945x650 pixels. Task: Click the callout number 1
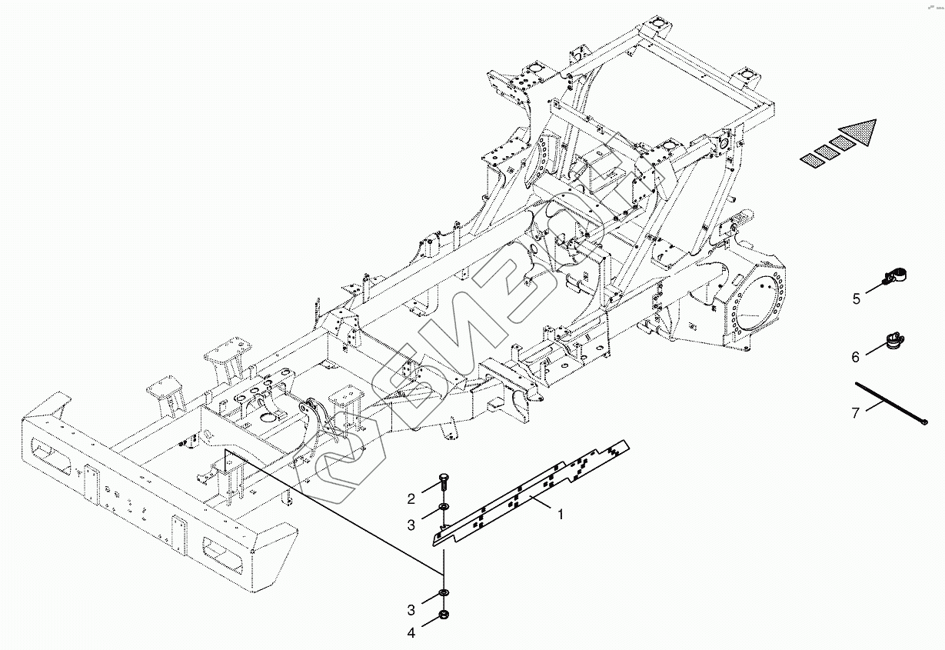pyautogui.click(x=561, y=515)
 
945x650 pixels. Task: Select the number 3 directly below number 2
pyautogui.click(x=411, y=525)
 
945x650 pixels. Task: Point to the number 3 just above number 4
pyautogui.click(x=411, y=610)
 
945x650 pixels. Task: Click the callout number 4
pyautogui.click(x=411, y=633)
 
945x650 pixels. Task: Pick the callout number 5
pyautogui.click(x=856, y=299)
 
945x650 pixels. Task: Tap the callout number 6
pyautogui.click(x=855, y=357)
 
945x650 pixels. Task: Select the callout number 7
pyautogui.click(x=855, y=413)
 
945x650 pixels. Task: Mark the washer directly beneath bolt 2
pyautogui.click(x=444, y=508)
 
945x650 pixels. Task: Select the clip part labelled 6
pyautogui.click(x=894, y=339)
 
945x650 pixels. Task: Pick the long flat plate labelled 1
pyautogui.click(x=531, y=492)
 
